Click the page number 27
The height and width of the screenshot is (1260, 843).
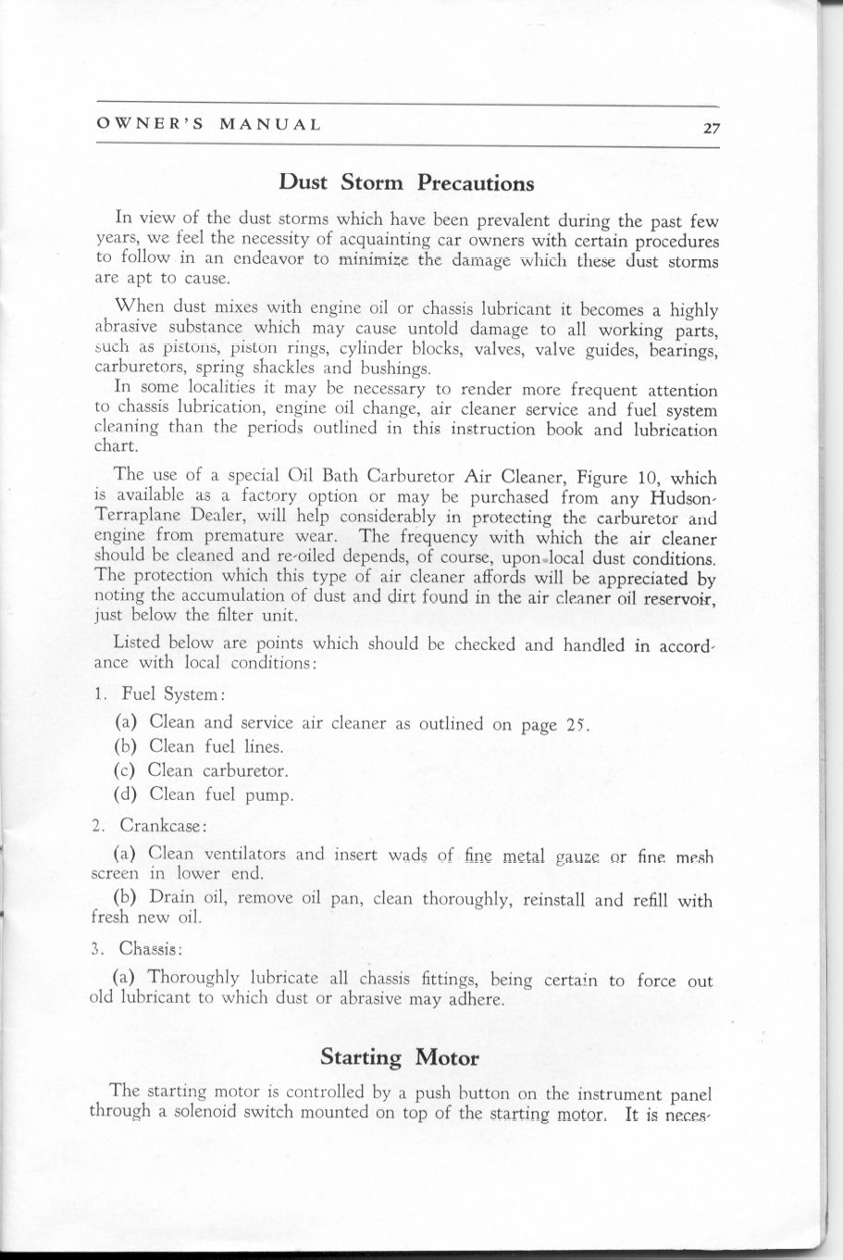(x=711, y=128)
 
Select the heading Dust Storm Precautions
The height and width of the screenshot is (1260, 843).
(x=407, y=181)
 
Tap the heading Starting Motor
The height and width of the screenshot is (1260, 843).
(x=400, y=1056)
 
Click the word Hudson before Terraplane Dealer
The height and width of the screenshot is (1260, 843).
(x=677, y=499)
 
